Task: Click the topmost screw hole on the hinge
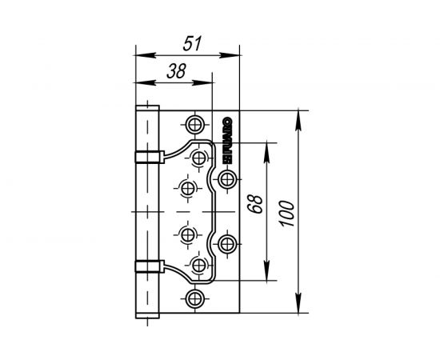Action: pyautogui.click(x=194, y=124)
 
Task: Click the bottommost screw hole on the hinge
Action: pyautogui.click(x=194, y=299)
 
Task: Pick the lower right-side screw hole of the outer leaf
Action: pyautogui.click(x=227, y=243)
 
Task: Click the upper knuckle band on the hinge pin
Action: pyautogui.click(x=146, y=154)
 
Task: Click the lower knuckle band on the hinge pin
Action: pyautogui.click(x=146, y=267)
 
